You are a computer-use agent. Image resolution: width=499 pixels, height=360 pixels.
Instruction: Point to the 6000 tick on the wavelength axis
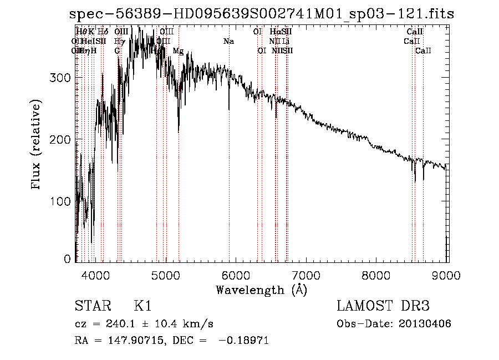[x=236, y=274]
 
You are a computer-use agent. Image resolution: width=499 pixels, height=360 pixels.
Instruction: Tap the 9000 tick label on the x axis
[x=447, y=274]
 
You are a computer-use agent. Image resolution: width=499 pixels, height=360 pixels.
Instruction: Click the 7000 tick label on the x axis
[x=307, y=274]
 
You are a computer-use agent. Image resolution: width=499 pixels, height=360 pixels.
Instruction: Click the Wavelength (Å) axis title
[x=261, y=290]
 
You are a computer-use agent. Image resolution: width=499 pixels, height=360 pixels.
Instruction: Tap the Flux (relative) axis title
[x=37, y=145]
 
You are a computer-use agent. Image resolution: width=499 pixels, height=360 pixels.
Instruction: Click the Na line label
[x=228, y=41]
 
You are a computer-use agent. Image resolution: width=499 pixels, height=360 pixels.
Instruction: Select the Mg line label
[x=178, y=51]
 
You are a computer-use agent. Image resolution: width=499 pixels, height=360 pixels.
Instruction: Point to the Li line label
[x=285, y=41]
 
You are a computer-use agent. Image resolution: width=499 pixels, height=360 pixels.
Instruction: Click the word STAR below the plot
[x=91, y=306]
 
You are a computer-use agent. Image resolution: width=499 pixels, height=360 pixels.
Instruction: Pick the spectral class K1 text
[x=142, y=306]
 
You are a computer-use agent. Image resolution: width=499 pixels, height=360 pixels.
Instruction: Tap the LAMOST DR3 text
[x=383, y=306]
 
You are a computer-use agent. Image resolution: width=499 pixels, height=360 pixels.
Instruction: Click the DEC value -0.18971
[x=243, y=341]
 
